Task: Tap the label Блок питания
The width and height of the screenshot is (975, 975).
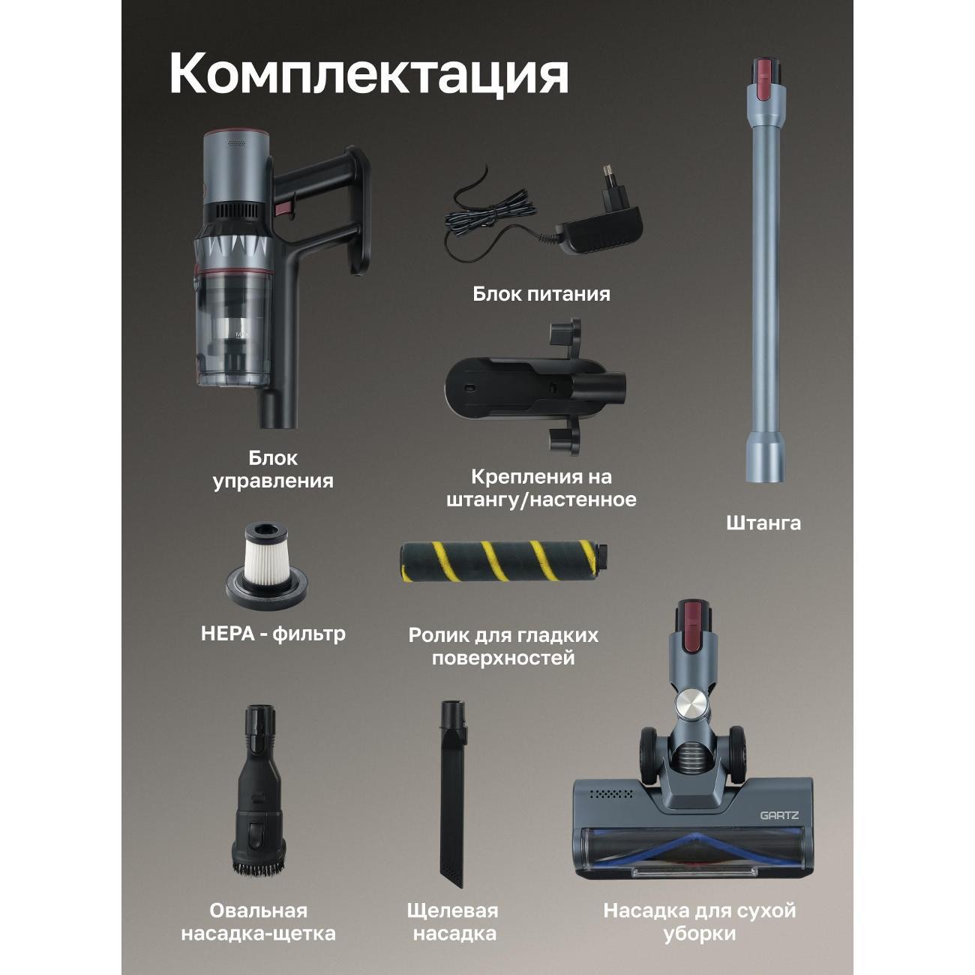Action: tap(541, 294)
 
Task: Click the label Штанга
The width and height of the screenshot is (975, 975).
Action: tap(763, 523)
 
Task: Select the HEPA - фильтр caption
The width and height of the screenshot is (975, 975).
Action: tap(273, 634)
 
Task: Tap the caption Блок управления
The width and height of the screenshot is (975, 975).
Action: tap(273, 469)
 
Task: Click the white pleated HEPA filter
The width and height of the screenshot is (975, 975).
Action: tap(267, 557)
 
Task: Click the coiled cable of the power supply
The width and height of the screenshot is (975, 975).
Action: tap(490, 212)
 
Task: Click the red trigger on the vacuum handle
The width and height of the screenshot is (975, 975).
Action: tap(283, 208)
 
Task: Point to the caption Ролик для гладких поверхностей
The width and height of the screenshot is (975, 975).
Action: tap(503, 647)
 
